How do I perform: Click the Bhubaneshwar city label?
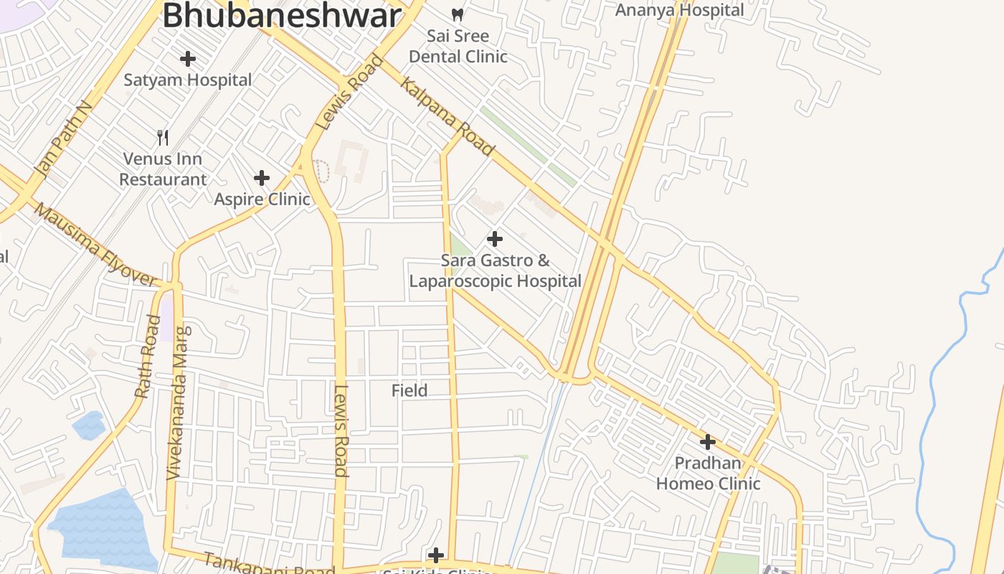pos(281,16)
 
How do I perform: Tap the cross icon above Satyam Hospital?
pos(188,59)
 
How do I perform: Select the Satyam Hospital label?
pos(188,80)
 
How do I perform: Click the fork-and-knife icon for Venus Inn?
pos(163,137)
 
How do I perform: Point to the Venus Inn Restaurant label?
pos(163,169)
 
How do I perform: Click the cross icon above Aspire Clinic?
pos(262,178)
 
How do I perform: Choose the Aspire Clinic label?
pos(262,199)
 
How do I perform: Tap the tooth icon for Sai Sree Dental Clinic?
pos(458,14)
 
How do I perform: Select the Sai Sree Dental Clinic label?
pos(458,46)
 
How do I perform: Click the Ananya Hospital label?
pos(680,10)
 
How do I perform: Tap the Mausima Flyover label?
pos(95,245)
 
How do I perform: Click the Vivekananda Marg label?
pos(179,403)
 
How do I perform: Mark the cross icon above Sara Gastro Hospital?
pos(495,239)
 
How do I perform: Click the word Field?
pos(409,391)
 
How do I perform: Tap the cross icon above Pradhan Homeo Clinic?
pos(708,442)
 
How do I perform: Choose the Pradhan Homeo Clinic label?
pos(708,474)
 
